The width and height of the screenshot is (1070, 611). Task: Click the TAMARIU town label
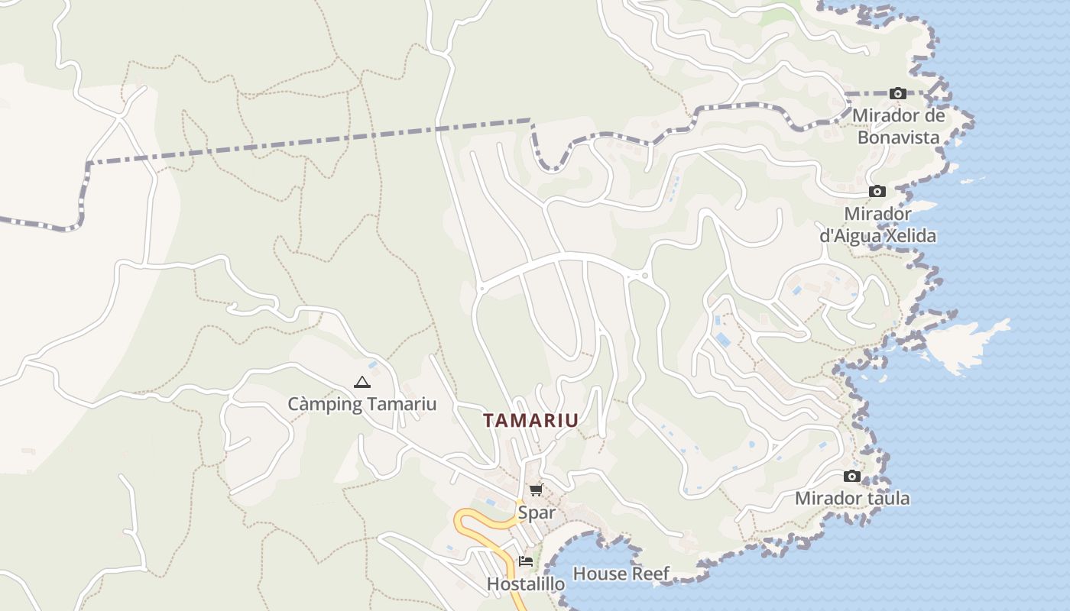point(530,420)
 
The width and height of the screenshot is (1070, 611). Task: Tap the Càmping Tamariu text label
point(362,404)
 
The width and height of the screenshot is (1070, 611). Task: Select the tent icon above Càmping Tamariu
point(362,382)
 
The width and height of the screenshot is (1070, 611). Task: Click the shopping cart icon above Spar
point(536,490)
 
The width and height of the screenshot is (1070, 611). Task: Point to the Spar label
point(537,512)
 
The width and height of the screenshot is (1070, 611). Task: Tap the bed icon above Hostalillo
point(526,561)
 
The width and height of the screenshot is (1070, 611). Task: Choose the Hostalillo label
point(526,584)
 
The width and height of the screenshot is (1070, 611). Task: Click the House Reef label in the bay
point(621,574)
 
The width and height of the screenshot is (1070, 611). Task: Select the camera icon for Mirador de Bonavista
point(898,94)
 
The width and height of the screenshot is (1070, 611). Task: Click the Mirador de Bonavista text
point(898,126)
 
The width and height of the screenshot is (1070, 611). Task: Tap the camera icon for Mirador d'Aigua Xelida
point(877,191)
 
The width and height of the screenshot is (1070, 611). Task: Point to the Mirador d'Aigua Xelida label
point(877,225)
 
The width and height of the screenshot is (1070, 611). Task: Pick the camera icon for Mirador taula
point(852,477)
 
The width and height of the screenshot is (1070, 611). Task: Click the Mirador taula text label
point(852,499)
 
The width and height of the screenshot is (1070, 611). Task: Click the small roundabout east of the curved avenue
point(646,276)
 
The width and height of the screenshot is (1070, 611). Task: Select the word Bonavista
point(898,137)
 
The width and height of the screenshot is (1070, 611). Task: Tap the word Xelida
point(909,236)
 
